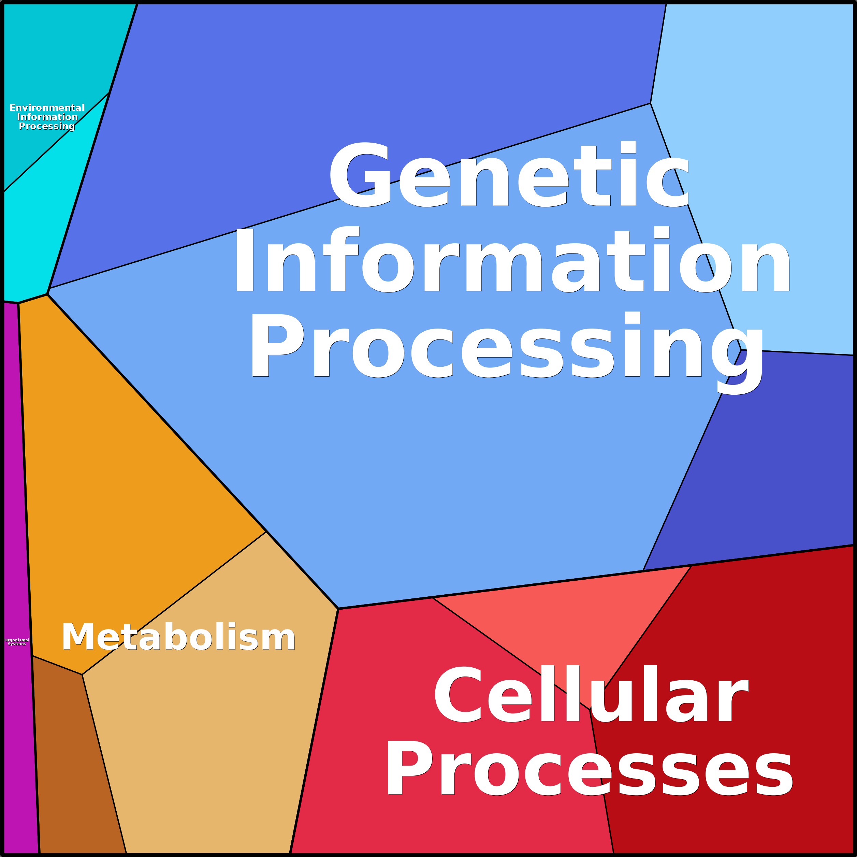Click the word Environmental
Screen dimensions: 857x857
47,108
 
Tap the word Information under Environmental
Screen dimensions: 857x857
47,117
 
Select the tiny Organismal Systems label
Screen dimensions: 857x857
17,642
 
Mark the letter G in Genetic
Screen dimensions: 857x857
360,175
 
